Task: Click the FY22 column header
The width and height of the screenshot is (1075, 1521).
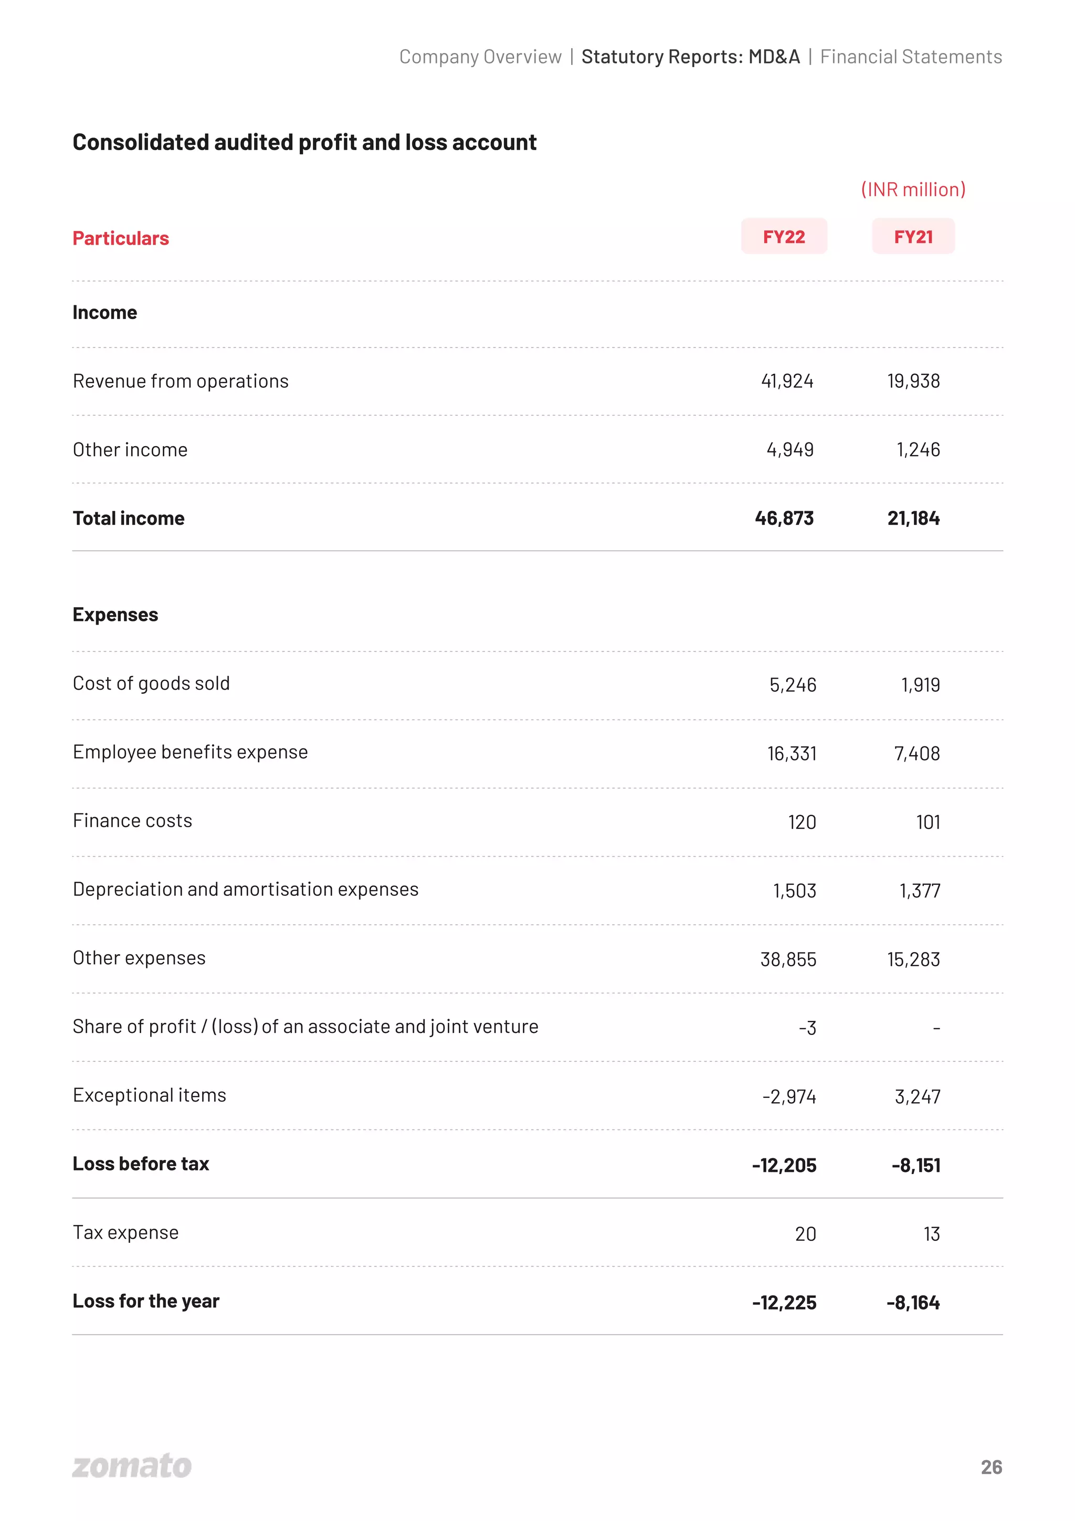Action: [x=784, y=237]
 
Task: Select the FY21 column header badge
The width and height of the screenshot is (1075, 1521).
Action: [x=913, y=237]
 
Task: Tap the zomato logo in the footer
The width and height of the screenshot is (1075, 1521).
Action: [x=132, y=1465]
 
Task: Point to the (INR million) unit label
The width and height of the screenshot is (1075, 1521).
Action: [x=913, y=189]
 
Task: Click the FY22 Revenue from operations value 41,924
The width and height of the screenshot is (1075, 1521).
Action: [x=787, y=381]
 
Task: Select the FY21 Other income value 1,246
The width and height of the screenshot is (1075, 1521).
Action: [x=918, y=450]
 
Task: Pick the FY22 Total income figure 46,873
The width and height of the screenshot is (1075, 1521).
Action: [x=784, y=518]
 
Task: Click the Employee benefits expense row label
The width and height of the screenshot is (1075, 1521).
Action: [x=190, y=752]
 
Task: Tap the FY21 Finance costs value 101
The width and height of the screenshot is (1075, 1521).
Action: [x=928, y=822]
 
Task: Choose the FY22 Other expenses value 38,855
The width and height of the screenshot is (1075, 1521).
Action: [x=788, y=959]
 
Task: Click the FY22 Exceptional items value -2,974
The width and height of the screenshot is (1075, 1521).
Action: [x=789, y=1096]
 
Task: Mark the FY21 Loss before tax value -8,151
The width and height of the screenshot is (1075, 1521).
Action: [x=916, y=1165]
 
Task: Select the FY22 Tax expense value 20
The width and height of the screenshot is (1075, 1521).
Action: [x=805, y=1233]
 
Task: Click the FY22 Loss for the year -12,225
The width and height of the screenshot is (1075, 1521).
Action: [x=784, y=1302]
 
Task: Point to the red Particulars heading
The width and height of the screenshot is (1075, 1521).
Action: [x=121, y=238]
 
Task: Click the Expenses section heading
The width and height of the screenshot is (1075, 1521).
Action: [x=115, y=615]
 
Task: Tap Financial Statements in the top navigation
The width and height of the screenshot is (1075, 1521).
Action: [x=911, y=57]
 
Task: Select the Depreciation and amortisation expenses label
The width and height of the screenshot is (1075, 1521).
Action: [x=245, y=889]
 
